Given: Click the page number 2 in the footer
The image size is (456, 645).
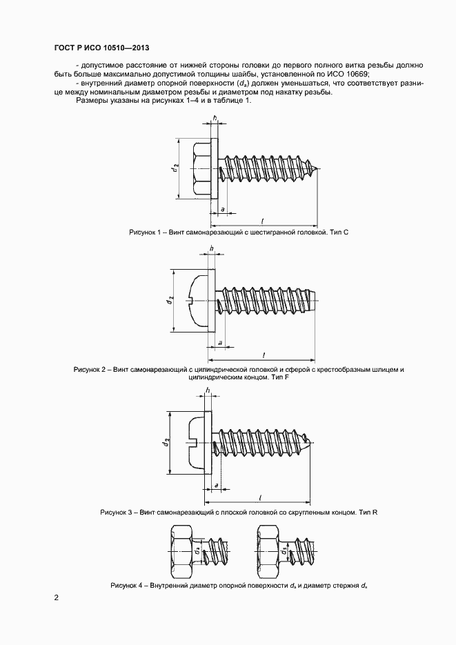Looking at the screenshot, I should point(56,598).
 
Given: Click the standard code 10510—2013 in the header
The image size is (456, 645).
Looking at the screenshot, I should point(121,48).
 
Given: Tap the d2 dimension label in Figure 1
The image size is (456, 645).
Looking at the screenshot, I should point(177,168).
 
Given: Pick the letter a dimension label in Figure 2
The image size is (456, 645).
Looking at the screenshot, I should point(220,343).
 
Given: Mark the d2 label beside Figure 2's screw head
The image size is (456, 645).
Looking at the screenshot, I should point(169,301).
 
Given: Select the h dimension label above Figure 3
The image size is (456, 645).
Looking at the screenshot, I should point(208,391).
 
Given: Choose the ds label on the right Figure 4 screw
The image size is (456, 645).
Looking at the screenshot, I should point(284,551).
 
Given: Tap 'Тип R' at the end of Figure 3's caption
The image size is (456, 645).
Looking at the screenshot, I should point(367,513).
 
